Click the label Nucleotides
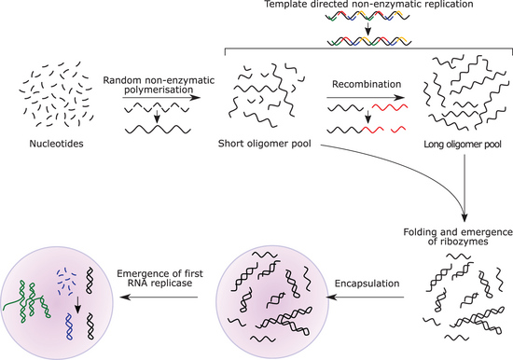(56, 144)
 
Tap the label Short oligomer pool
(264, 144)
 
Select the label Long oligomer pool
(463, 144)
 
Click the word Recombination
(367, 84)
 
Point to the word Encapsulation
(367, 284)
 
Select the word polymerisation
(159, 90)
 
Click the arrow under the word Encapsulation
(366, 298)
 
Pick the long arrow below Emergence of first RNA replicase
(159, 298)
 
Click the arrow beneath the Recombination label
(366, 98)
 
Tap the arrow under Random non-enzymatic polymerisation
(161, 98)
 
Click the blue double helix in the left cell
(69, 326)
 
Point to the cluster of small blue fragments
(66, 280)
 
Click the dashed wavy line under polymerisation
(158, 107)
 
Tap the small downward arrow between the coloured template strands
(368, 29)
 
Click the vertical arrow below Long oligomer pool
(464, 188)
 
